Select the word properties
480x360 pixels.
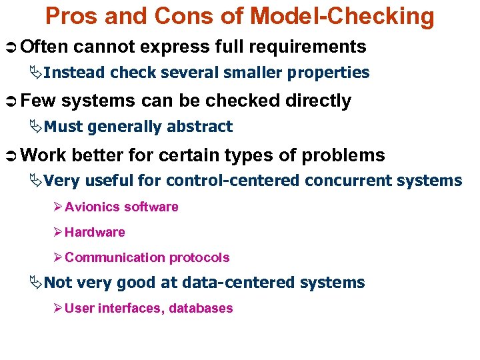(331, 73)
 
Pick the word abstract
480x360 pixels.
(201, 127)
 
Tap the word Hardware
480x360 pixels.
(95, 233)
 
